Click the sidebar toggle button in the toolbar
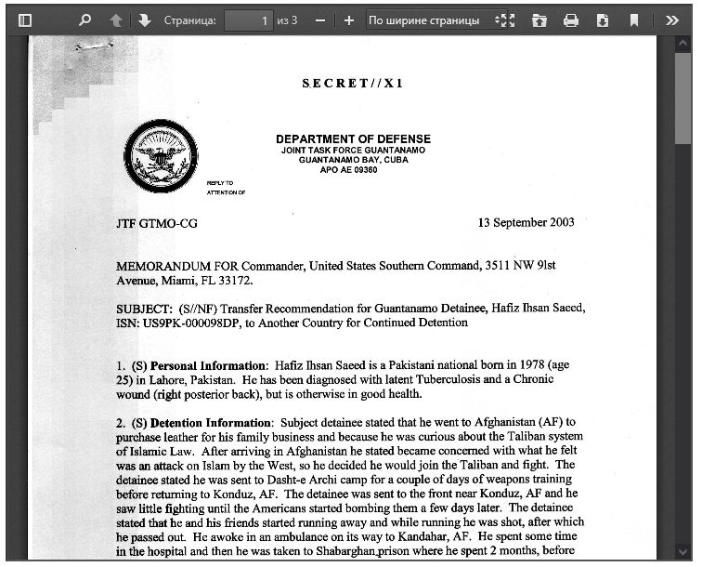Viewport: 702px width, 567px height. [x=25, y=20]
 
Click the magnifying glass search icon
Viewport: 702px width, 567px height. [x=84, y=20]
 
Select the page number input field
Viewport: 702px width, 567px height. [x=248, y=20]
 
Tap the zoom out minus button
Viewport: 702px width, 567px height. [x=320, y=20]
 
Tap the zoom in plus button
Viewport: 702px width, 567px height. [x=349, y=20]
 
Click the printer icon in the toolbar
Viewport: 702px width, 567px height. [x=571, y=20]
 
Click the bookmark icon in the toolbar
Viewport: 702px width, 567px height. [x=634, y=20]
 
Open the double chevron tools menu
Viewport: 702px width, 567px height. [x=673, y=20]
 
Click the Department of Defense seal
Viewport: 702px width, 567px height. [x=162, y=156]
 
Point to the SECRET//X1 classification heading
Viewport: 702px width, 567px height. [x=353, y=84]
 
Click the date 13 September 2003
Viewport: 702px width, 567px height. [x=526, y=222]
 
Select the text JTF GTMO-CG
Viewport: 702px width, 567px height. [x=157, y=224]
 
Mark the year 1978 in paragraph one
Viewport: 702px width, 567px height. [x=510, y=365]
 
